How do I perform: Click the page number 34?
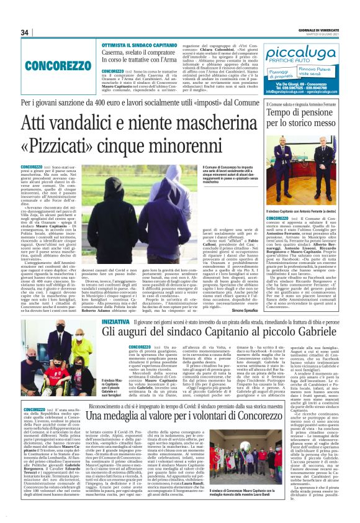[25, 32]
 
